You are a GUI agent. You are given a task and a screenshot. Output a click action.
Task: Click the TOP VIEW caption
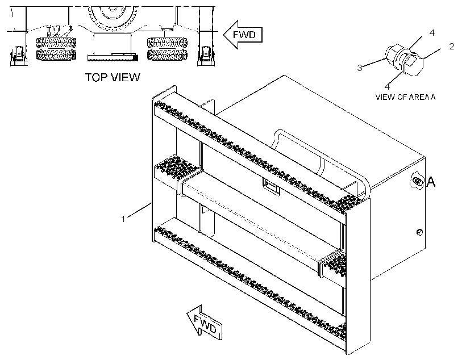tap(113, 77)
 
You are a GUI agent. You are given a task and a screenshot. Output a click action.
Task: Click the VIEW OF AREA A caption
tap(405, 97)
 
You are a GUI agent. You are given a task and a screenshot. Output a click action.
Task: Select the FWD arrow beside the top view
tap(243, 35)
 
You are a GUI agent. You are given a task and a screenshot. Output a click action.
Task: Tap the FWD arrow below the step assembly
tap(205, 323)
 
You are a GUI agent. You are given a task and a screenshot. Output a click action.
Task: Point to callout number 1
tap(123, 219)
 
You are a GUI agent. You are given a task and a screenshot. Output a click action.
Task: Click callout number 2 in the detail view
tap(452, 47)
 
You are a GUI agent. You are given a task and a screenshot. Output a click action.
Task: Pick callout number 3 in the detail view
tap(360, 68)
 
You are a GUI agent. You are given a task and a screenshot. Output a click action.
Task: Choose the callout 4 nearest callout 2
tap(432, 33)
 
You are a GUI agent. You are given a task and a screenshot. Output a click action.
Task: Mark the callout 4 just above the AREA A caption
tap(387, 86)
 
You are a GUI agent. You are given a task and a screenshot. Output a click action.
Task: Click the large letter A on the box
tap(431, 182)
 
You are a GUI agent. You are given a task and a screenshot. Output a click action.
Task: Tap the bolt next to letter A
tap(417, 181)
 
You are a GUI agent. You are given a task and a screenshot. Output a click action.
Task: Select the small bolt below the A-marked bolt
tap(419, 232)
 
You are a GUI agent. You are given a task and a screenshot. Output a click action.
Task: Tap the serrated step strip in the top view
tap(113, 57)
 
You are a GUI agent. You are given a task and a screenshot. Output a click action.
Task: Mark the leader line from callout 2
tap(431, 54)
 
